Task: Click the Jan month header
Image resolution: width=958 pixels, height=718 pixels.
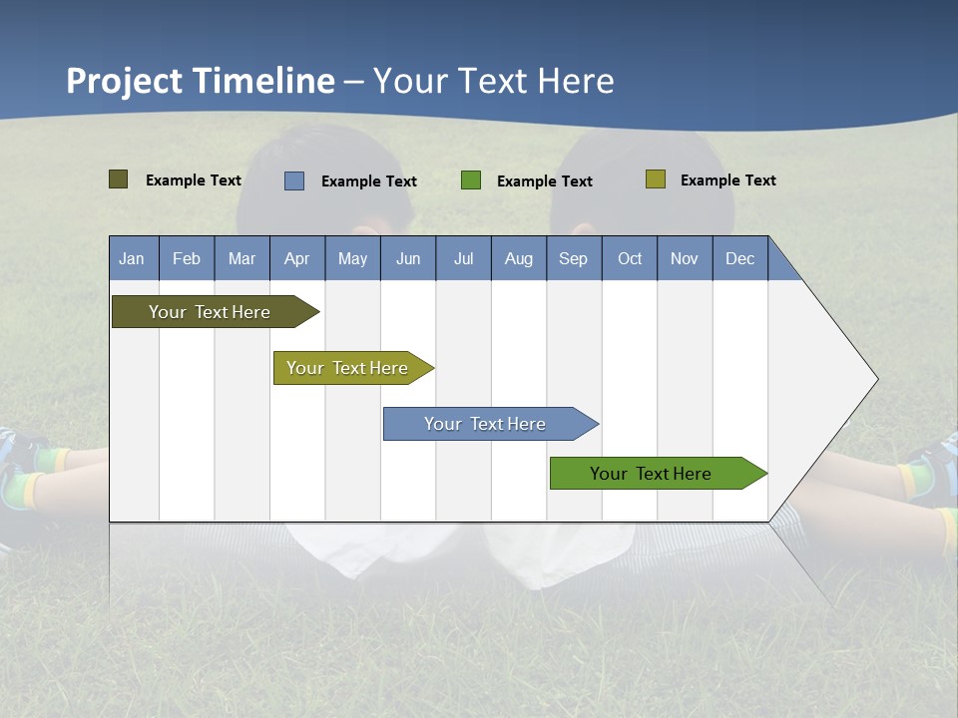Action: click(x=132, y=258)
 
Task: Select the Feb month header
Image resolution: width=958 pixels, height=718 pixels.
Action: click(x=187, y=258)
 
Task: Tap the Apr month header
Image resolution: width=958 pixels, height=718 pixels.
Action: click(x=296, y=258)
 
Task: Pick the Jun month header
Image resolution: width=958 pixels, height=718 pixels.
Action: click(x=408, y=258)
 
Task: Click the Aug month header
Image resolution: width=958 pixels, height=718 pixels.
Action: click(x=518, y=258)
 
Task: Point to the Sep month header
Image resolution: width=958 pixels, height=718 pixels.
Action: click(x=573, y=258)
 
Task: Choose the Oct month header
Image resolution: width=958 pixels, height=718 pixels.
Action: click(x=630, y=258)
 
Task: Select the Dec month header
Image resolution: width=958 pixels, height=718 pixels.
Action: click(x=739, y=258)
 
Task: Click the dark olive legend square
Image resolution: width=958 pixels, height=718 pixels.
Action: click(x=118, y=179)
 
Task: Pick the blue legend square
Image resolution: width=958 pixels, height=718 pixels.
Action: click(x=294, y=180)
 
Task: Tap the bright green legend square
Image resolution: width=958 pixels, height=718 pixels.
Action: click(x=471, y=180)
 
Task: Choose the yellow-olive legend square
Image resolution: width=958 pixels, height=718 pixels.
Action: click(x=655, y=179)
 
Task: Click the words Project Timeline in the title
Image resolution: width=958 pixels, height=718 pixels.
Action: click(x=200, y=81)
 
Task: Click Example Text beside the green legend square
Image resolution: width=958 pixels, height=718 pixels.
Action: click(x=544, y=181)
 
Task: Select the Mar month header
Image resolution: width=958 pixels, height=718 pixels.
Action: click(x=241, y=258)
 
